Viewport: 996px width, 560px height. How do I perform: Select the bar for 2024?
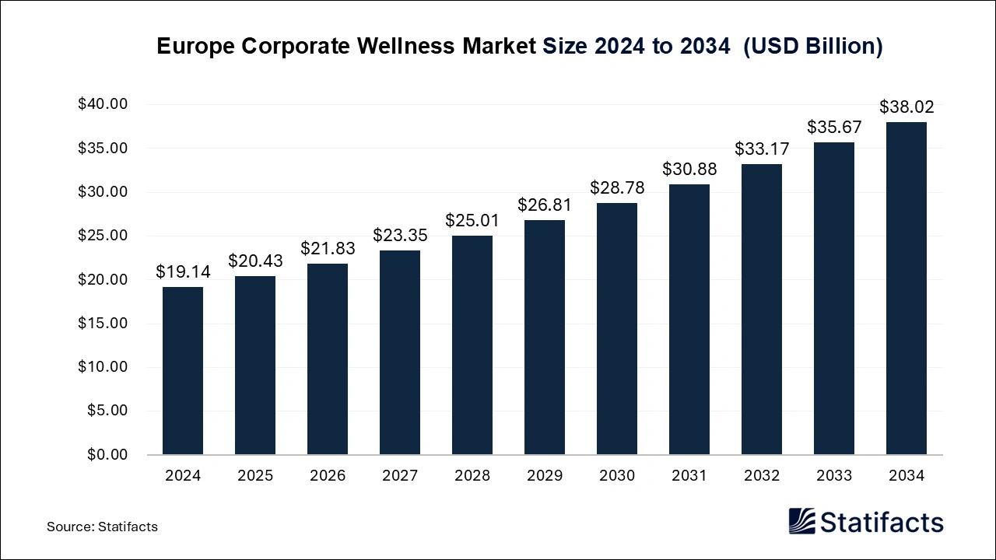[x=182, y=370]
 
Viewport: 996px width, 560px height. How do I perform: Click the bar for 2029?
[x=545, y=337]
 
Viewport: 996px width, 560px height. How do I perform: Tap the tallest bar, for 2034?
[x=907, y=288]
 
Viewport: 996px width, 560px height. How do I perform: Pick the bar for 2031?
[x=689, y=319]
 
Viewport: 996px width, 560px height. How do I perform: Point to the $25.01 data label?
[x=472, y=220]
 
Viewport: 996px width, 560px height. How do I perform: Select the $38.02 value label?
[x=907, y=107]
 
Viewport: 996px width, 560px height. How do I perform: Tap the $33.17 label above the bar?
[x=762, y=149]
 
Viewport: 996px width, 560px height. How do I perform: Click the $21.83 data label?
[x=328, y=248]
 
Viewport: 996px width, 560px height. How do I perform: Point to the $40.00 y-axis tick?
[x=103, y=104]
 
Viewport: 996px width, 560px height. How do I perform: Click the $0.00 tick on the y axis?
[x=107, y=454]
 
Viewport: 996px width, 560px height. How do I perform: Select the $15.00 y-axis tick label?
[x=103, y=323]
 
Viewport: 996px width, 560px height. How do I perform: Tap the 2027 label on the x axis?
[x=400, y=475]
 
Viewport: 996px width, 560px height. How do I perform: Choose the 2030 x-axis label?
[x=617, y=475]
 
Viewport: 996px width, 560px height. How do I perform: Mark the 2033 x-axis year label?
[x=834, y=475]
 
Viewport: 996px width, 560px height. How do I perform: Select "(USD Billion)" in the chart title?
[x=813, y=47]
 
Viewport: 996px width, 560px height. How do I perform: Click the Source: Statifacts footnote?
[x=102, y=527]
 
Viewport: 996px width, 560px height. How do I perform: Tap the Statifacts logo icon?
[x=801, y=521]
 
